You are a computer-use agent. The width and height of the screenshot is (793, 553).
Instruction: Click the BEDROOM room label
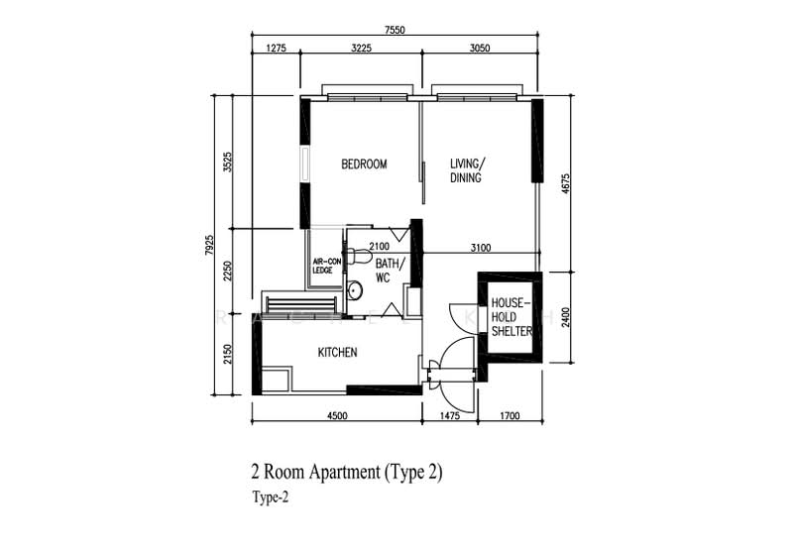tap(364, 165)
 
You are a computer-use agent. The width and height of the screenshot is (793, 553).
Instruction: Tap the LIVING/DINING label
tap(467, 170)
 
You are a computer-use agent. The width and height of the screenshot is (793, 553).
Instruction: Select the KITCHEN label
tap(337, 353)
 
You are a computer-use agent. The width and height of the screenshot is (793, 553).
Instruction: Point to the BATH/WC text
tap(390, 271)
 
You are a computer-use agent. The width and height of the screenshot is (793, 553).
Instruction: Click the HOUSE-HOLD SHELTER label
tap(511, 317)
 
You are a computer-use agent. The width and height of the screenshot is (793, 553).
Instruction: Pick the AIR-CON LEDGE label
tap(327, 266)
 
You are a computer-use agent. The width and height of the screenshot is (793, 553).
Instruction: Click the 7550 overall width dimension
tap(395, 30)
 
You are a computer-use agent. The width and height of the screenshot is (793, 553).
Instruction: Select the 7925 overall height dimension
tap(209, 245)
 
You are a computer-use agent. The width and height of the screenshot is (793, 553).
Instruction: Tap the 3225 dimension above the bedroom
tap(361, 48)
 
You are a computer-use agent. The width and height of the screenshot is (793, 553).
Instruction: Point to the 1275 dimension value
tap(277, 48)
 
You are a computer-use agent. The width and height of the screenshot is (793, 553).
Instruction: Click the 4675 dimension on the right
tap(565, 184)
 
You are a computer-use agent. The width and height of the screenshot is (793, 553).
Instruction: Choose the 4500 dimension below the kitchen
tap(337, 416)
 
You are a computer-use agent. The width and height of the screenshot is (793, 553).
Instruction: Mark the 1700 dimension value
tap(510, 416)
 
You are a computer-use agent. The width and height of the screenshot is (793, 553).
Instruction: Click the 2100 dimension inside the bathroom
tap(380, 247)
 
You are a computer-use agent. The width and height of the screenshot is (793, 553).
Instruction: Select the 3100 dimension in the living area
tap(481, 248)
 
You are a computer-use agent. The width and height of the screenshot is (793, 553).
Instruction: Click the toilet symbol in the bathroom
tap(359, 256)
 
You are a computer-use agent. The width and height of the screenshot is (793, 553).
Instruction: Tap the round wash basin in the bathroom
tap(355, 289)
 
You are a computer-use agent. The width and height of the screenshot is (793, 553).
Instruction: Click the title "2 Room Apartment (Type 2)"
tap(347, 472)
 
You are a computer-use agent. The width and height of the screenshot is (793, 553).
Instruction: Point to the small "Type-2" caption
tap(271, 498)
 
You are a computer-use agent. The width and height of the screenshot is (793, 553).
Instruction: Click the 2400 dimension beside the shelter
tap(565, 317)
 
